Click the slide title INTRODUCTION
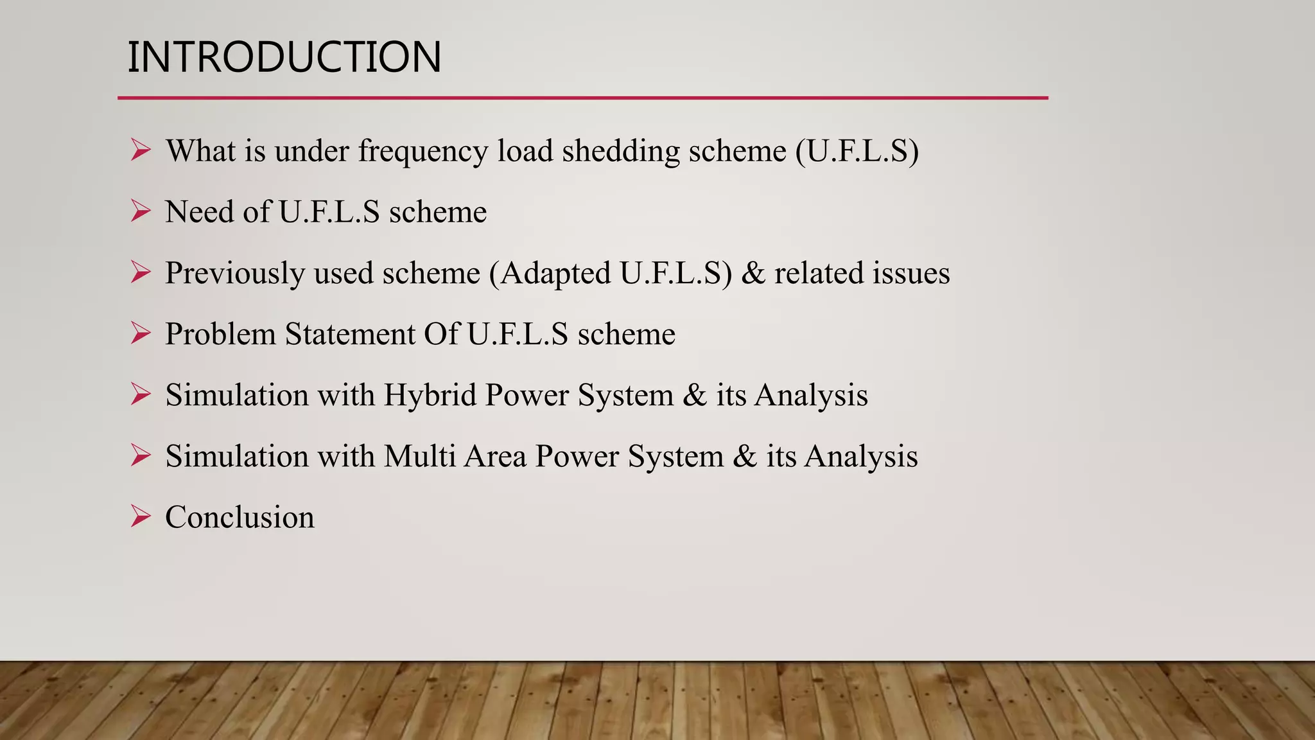click(284, 57)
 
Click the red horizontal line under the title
click(582, 98)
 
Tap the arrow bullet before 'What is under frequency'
click(140, 150)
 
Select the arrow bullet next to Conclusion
click(140, 516)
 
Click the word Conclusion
click(239, 517)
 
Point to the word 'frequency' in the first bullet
click(422, 152)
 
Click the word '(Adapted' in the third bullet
click(550, 274)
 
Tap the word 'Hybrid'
click(430, 395)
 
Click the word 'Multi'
click(419, 456)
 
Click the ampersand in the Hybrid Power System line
click(695, 395)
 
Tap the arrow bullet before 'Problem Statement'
click(140, 333)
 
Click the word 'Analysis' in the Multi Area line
click(861, 457)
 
